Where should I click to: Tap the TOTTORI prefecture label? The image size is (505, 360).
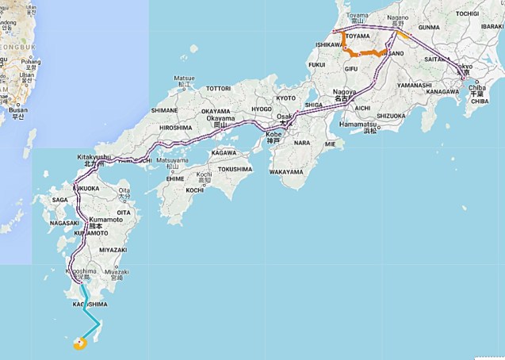coord(218,88)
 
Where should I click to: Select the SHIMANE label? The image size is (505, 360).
coord(164,110)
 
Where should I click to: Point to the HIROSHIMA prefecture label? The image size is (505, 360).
coord(175,127)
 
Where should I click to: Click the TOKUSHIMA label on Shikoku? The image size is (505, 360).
coord(235,168)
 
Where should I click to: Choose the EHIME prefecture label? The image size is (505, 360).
coord(174,180)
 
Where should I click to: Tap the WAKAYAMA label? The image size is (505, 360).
coord(286,171)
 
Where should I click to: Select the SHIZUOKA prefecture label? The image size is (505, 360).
coord(390,115)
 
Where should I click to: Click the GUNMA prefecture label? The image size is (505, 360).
coord(429,27)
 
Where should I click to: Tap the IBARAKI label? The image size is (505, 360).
coord(492,26)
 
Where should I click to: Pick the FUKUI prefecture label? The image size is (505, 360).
coord(317,64)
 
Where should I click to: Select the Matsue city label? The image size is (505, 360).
coord(184,79)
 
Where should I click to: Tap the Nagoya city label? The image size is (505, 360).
coord(344,91)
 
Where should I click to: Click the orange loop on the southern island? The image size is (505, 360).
coord(79,343)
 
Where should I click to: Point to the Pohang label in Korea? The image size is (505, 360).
coord(31,61)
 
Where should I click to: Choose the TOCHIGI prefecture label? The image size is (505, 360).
coord(467,13)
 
